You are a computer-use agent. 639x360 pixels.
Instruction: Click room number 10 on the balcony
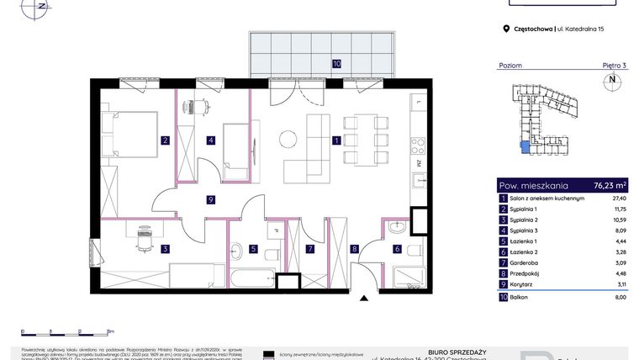point(335,63)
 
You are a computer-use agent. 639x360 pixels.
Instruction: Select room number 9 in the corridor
point(210,199)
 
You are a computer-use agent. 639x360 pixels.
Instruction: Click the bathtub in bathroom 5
point(255,278)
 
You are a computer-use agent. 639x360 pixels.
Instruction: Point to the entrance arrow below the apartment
point(363,296)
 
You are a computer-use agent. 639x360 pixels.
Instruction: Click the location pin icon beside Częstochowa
point(506,29)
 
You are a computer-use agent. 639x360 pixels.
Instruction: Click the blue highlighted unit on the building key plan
point(525,148)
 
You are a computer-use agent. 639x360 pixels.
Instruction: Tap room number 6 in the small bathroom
point(397,248)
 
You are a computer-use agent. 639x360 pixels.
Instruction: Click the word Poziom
point(510,65)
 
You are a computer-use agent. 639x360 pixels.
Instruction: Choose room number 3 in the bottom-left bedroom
point(166,248)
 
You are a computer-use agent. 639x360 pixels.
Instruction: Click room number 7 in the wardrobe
point(309,248)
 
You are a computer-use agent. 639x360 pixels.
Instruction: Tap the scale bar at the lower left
point(67,331)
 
